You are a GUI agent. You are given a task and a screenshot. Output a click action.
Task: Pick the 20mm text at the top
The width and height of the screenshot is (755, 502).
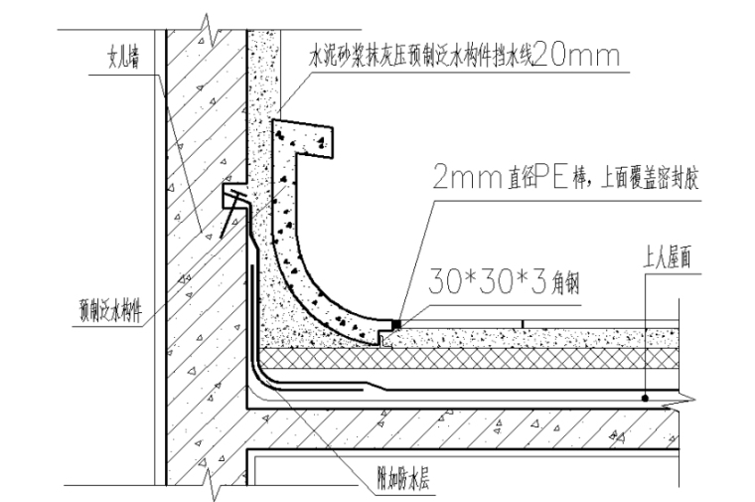tap(577, 58)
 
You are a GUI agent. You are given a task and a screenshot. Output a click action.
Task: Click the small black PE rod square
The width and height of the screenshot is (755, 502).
tap(396, 324)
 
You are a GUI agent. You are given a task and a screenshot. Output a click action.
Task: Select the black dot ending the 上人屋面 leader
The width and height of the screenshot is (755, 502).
tap(646, 398)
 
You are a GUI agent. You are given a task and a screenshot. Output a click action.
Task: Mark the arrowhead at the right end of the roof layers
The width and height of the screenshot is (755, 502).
tap(685, 399)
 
